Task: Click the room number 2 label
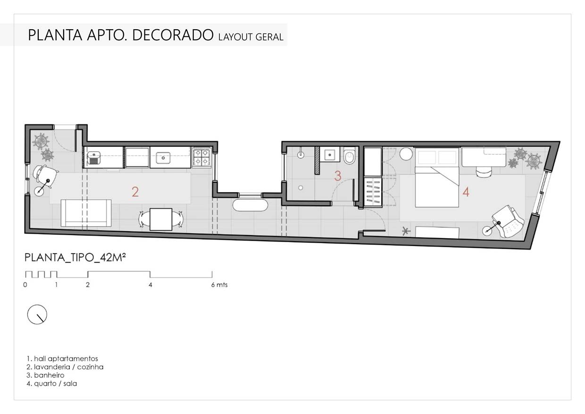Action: [x=135, y=192]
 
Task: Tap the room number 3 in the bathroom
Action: [x=338, y=176]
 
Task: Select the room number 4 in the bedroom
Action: [x=466, y=192]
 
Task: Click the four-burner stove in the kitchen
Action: [x=202, y=158]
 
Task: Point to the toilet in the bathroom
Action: [x=350, y=156]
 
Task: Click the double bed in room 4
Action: [x=437, y=177]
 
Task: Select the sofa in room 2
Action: [x=86, y=213]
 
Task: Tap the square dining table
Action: [x=161, y=220]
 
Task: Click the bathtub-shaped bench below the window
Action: [x=250, y=205]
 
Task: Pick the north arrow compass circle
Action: [x=37, y=314]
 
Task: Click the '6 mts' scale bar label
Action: [x=219, y=285]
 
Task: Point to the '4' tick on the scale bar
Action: [x=150, y=285]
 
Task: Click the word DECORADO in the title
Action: [x=173, y=35]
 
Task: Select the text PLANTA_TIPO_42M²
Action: [x=75, y=257]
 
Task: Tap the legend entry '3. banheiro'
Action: [x=45, y=375]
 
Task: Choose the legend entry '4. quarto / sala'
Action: [x=52, y=384]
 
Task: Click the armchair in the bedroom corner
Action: [x=508, y=221]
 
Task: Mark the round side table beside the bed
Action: [x=406, y=154]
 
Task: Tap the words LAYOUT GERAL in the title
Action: [x=251, y=37]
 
